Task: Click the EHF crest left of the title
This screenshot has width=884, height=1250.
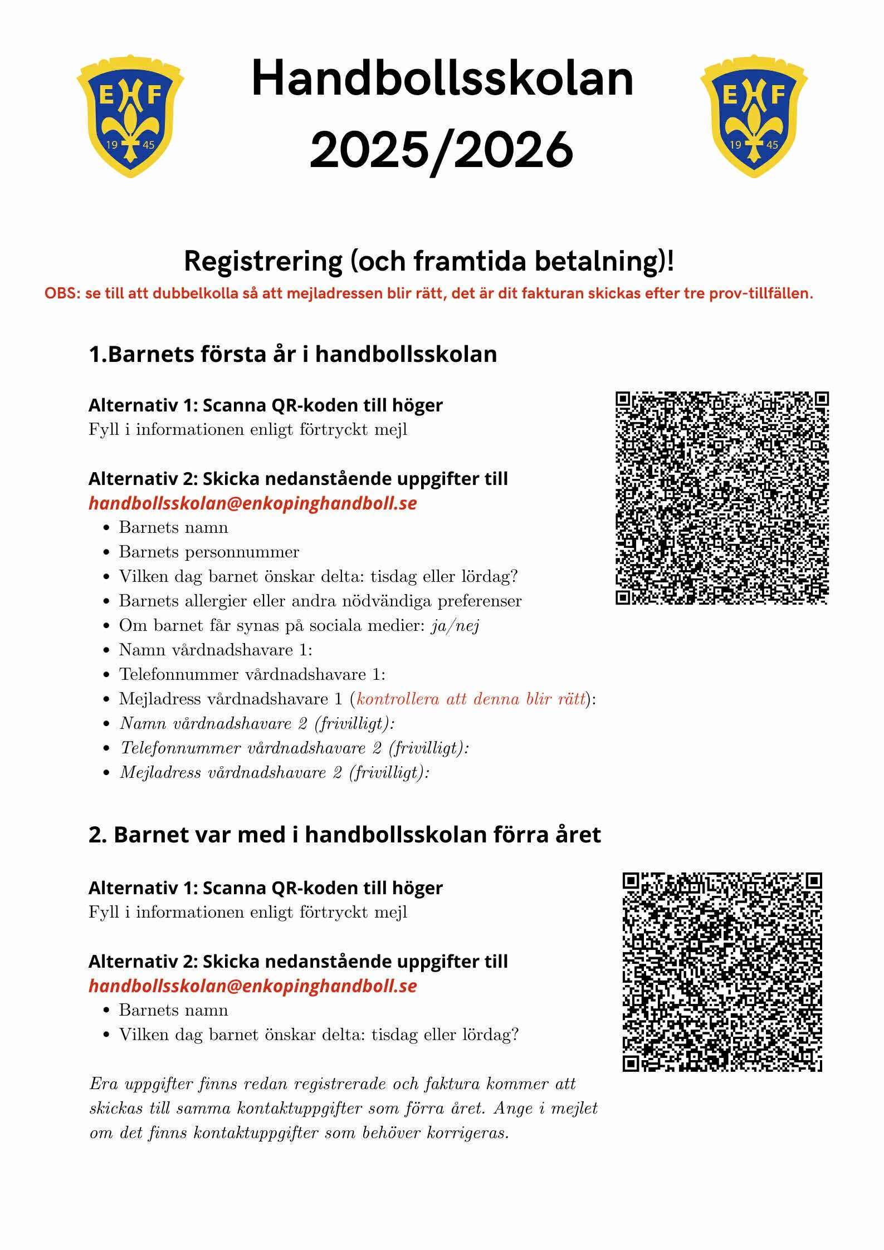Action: [x=130, y=116]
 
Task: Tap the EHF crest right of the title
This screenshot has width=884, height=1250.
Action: [x=753, y=116]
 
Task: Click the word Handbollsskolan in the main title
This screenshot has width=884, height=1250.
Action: [x=442, y=79]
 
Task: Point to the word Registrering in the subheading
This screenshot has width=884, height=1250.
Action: [x=263, y=261]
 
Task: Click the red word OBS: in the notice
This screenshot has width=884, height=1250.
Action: [x=62, y=293]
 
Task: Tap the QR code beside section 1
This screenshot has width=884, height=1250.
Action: [x=722, y=498]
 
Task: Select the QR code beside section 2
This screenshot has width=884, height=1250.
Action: [x=722, y=972]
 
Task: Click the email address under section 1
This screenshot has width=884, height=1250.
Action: [x=253, y=503]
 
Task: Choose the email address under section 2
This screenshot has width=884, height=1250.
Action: [x=253, y=986]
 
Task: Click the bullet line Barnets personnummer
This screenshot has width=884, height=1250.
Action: [x=209, y=552]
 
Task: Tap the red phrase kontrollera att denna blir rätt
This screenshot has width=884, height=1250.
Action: [x=471, y=699]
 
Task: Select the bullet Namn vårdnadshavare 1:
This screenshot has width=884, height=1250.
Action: [x=216, y=650]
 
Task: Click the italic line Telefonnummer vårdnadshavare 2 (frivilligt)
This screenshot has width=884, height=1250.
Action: [x=295, y=748]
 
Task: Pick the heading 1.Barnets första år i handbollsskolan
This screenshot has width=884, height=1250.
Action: [x=292, y=354]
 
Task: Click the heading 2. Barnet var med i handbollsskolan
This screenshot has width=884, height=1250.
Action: [x=345, y=835]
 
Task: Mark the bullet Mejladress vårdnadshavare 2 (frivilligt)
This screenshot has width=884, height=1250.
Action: [x=275, y=772]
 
